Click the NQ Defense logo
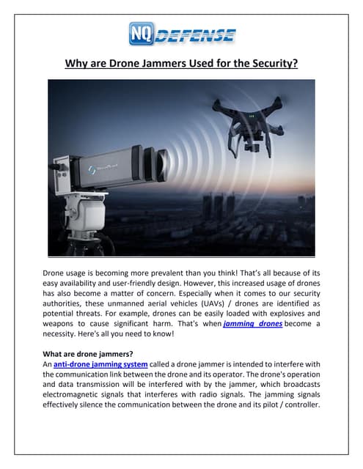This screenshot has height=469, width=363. tap(182, 33)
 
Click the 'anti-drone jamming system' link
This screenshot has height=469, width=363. tap(101, 363)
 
